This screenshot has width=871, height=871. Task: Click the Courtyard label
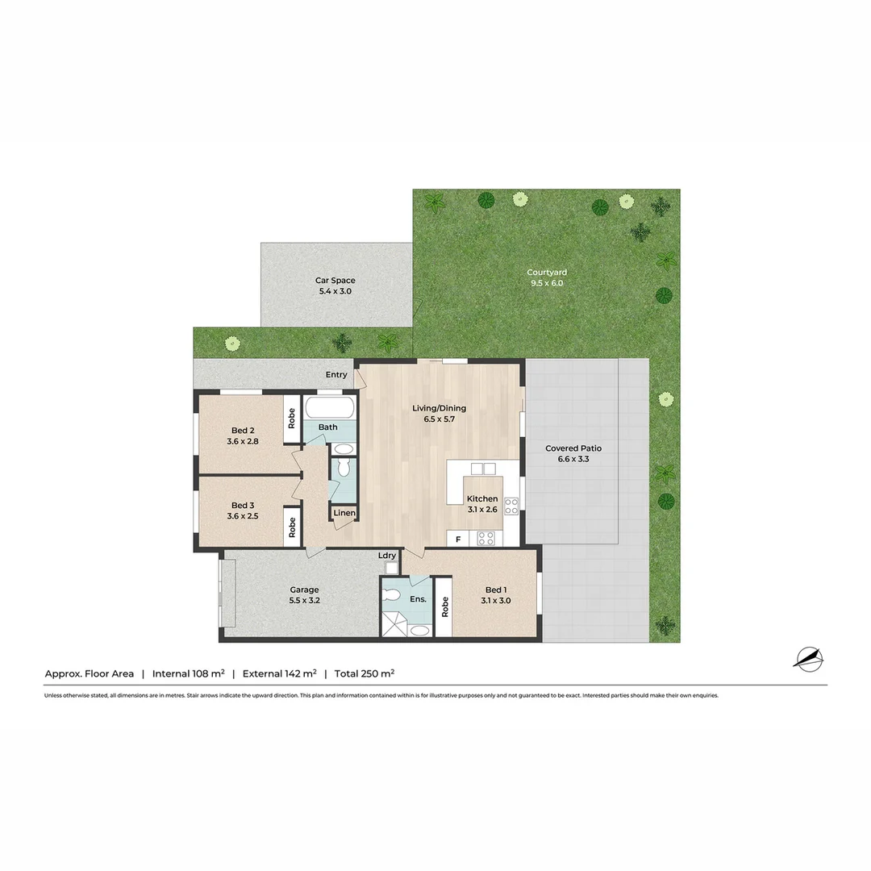[x=547, y=273]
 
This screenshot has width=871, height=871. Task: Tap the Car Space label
[x=335, y=281]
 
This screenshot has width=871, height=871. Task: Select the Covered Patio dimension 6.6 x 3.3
[x=573, y=459]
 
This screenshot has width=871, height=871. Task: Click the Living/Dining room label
[x=439, y=408]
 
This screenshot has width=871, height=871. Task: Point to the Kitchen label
[x=482, y=499]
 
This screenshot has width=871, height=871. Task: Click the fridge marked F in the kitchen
[x=458, y=539]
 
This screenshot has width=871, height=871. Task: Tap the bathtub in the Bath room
[x=329, y=409]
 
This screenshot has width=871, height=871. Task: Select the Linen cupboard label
[x=344, y=513]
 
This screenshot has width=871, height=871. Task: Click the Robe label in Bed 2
[x=292, y=419]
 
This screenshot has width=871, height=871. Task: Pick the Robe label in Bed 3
[x=292, y=527]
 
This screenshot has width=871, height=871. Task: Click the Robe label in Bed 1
[x=444, y=606]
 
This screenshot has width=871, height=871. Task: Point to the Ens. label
[x=418, y=598]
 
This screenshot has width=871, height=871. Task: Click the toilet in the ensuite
[x=392, y=595]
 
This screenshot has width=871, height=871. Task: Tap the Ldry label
[x=387, y=556]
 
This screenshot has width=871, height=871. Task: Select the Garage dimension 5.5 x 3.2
[x=304, y=601]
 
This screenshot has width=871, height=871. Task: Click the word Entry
[x=336, y=375]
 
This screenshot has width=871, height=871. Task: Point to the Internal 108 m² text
[x=188, y=673]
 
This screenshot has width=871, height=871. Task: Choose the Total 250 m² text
[x=365, y=673]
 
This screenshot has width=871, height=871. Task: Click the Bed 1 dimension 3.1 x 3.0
[x=496, y=601]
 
